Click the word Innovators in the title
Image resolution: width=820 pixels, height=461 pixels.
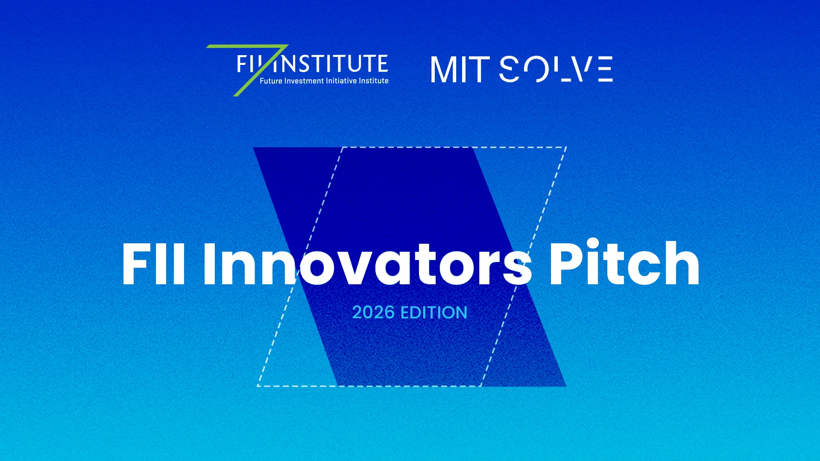point(367,264)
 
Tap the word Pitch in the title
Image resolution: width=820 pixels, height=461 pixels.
point(624,263)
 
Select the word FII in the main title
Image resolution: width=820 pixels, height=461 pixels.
point(153,264)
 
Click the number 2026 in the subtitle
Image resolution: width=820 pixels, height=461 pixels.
point(373,312)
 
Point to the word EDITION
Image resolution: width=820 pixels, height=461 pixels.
point(434,312)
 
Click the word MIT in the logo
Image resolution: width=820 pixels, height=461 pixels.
point(460,70)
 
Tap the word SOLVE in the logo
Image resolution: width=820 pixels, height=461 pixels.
point(556,69)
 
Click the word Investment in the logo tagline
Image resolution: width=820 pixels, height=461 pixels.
point(304,81)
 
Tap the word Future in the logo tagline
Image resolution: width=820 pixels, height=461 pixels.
point(271,81)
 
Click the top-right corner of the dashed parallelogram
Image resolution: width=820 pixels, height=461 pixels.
point(566,147)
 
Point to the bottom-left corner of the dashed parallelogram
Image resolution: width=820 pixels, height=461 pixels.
point(257,386)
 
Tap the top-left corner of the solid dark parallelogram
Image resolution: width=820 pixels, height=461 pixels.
point(253,148)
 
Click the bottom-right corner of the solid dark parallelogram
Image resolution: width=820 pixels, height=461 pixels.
point(566,387)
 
